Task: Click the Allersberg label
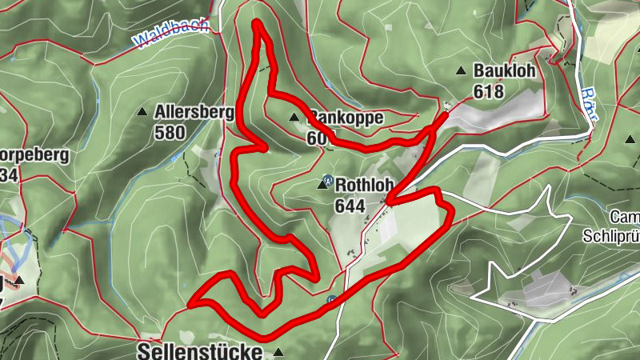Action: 195,112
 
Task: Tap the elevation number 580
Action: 170,132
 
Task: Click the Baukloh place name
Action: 503,71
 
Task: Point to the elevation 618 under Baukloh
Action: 488,91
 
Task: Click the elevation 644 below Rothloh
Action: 350,206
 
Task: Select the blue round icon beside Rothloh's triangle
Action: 327,179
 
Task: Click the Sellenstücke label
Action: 200,351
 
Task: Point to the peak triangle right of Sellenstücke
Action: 278,352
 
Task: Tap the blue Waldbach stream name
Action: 171,34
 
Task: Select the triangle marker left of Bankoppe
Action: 294,118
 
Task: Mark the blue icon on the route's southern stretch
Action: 331,301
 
